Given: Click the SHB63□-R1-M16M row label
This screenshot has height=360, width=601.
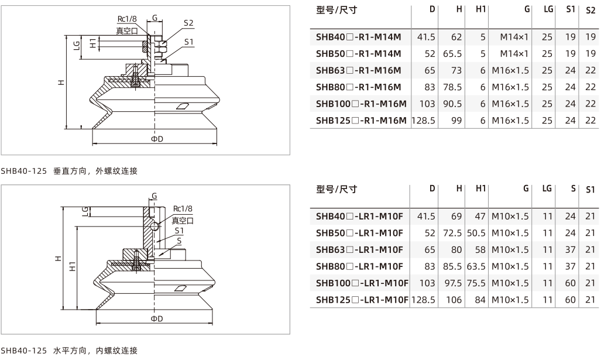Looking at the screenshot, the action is point(358,71).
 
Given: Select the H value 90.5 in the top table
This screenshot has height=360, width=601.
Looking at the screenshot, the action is point(452,104).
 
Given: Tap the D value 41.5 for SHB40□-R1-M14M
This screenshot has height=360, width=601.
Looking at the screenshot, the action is point(426,37).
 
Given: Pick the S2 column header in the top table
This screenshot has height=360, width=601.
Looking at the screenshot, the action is point(590,11).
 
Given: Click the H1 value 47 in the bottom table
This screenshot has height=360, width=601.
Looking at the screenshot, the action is point(480,217).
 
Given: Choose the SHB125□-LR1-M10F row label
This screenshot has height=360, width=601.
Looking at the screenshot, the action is point(362,300).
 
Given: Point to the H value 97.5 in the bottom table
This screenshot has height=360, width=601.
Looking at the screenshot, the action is point(453,283).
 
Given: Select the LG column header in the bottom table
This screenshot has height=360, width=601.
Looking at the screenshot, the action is point(547,188).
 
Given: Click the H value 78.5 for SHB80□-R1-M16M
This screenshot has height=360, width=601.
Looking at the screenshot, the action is point(452,87).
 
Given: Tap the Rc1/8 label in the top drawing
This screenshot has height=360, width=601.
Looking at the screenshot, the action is point(127,19).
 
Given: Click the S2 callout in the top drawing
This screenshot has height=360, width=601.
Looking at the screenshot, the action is point(188,23).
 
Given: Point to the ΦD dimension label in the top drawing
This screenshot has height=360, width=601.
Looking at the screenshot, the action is point(157,139).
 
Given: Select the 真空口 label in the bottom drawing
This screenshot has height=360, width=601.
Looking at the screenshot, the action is point(183,221).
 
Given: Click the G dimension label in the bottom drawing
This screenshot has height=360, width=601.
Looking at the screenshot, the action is point(154,196).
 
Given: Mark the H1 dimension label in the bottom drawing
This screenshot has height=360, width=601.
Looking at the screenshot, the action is point(73,266).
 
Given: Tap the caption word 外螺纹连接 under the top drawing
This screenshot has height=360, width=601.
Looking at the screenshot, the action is point(116,171).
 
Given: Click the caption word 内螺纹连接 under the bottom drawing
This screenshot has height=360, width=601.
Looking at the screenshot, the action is point(116,351).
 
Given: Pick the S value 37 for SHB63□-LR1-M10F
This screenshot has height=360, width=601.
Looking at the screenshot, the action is point(571,250).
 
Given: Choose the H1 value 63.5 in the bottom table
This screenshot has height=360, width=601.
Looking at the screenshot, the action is point(476,267).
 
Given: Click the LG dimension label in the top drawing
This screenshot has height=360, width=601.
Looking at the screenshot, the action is point(77,45).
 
